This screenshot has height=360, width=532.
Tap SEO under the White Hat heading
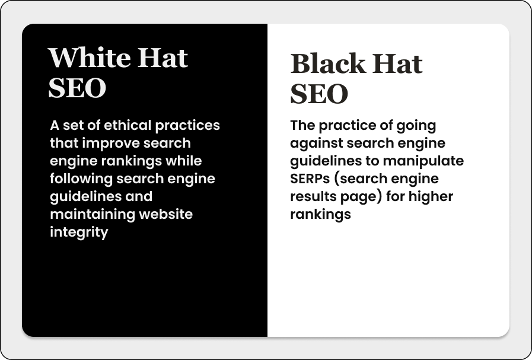coord(77,88)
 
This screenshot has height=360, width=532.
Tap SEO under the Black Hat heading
coord(319,94)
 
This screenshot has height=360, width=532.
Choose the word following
coord(81,179)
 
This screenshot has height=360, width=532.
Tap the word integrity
coord(79,232)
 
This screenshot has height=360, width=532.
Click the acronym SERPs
coord(310,179)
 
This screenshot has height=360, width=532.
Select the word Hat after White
coord(163,58)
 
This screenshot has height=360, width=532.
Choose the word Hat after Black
coord(397,63)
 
